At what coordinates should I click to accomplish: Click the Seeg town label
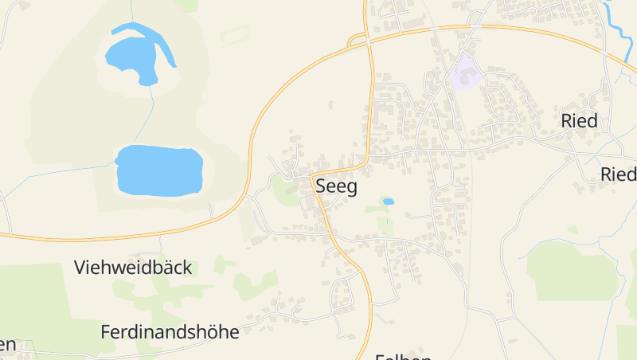[337, 187]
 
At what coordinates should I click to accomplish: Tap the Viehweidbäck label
[133, 268]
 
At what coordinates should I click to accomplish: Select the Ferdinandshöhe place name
[170, 332]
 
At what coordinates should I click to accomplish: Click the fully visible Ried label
[579, 122]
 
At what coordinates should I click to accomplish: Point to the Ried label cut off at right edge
[619, 174]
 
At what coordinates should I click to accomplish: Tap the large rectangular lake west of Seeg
[159, 170]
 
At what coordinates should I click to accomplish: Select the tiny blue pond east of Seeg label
[388, 202]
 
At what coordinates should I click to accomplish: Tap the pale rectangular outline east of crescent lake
[235, 35]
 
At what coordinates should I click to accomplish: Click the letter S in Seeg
[322, 187]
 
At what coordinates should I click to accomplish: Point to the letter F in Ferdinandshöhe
[106, 332]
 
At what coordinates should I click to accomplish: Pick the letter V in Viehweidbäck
[80, 268]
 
